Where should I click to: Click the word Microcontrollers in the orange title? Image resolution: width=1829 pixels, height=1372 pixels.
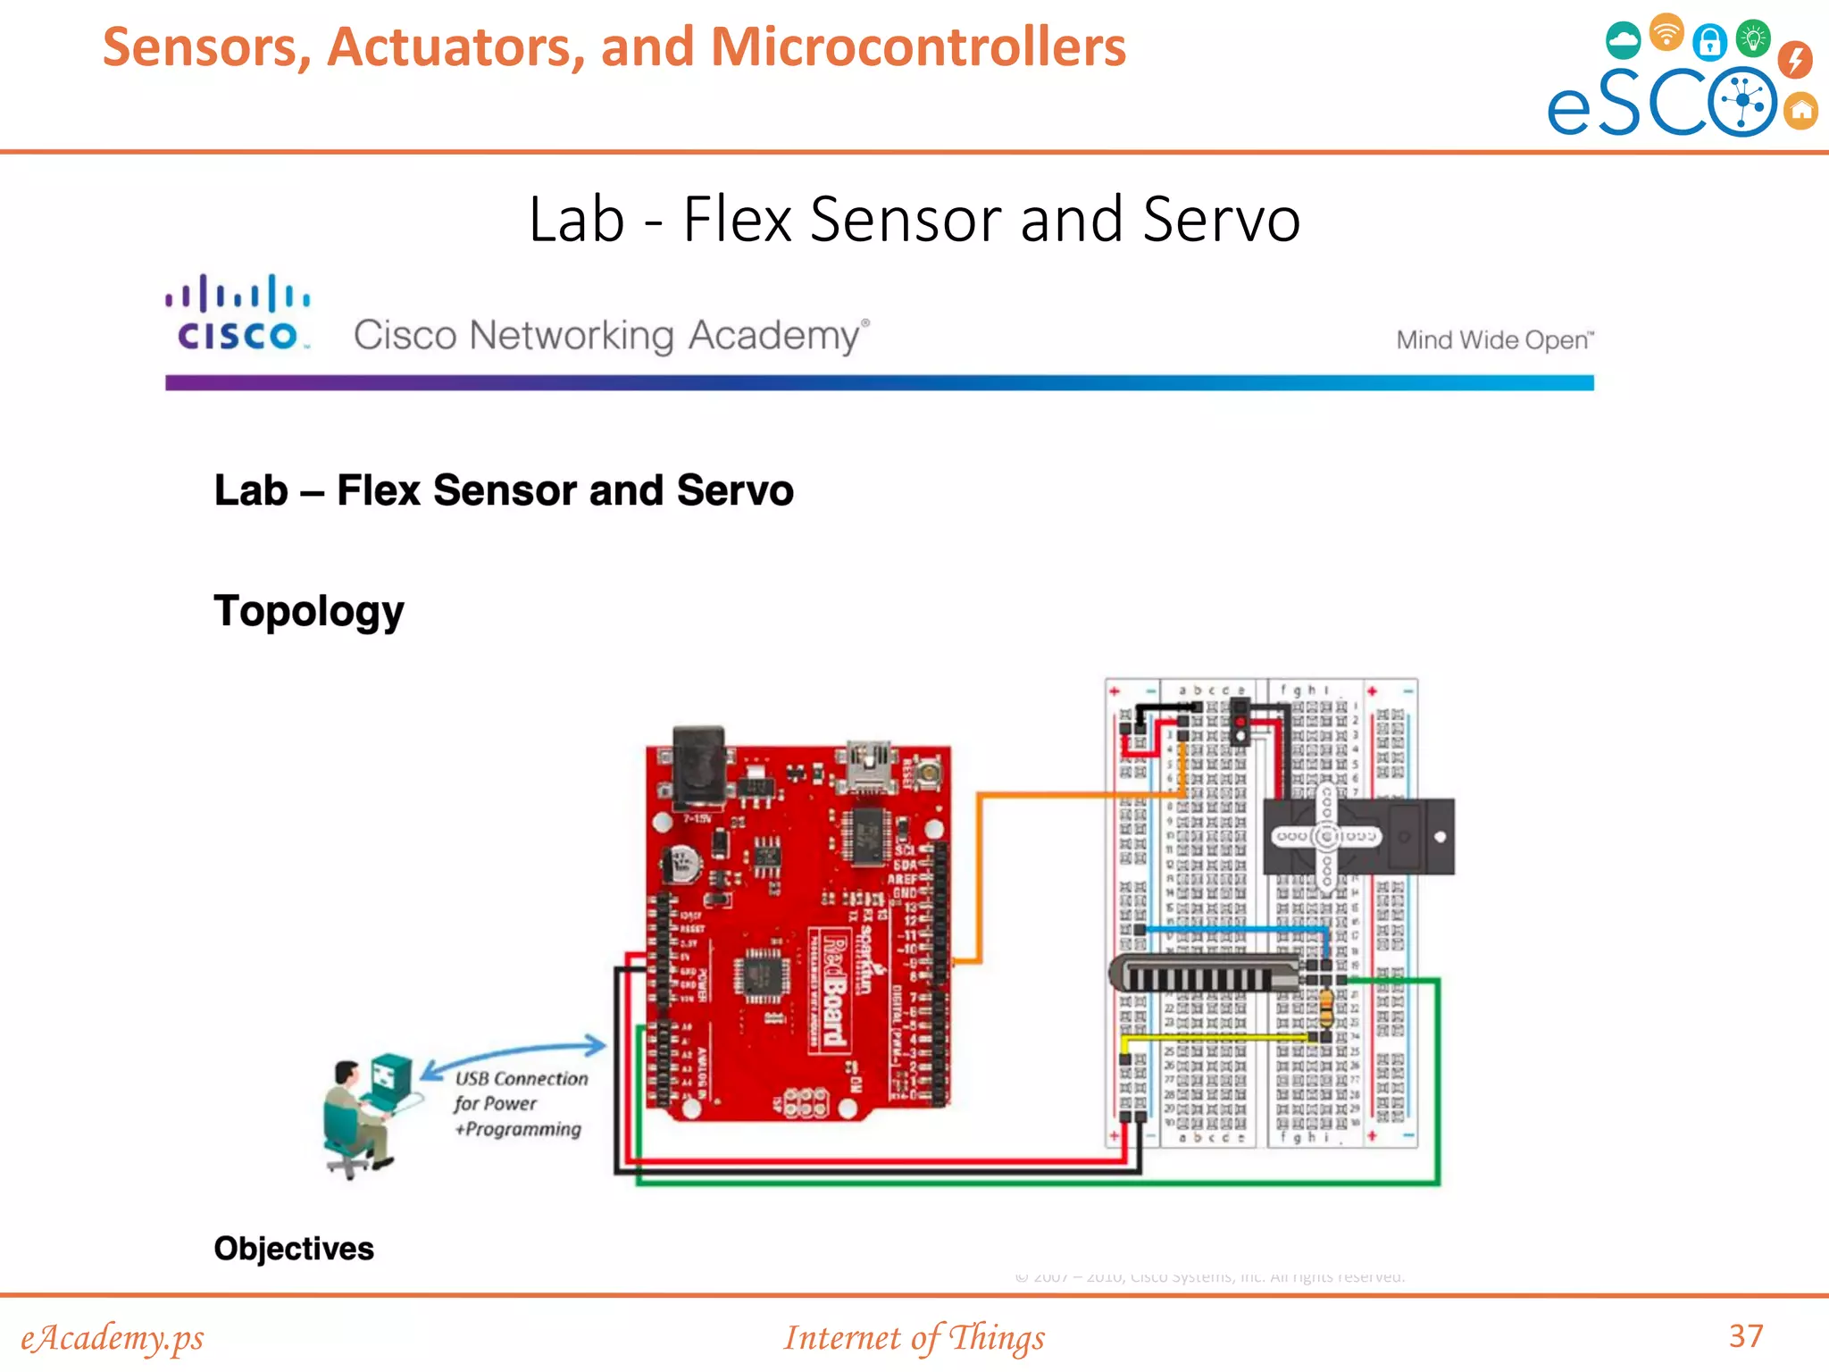[918, 46]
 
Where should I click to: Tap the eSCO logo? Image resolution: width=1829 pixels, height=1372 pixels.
[1679, 80]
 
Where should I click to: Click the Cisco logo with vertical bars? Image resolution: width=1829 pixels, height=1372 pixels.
[238, 313]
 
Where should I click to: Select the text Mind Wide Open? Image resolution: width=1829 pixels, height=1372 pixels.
[1493, 340]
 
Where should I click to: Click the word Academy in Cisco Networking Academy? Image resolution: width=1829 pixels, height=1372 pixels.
[773, 336]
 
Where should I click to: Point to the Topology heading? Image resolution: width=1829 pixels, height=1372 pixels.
[309, 612]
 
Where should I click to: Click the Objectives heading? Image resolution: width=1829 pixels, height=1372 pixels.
[294, 1248]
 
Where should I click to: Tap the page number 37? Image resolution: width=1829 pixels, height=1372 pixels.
[1746, 1335]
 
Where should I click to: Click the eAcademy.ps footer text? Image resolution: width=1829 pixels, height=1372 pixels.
[113, 1337]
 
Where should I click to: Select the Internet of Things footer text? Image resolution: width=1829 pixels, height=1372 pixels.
[914, 1337]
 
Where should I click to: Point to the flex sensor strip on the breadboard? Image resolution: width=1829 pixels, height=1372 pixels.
[1201, 974]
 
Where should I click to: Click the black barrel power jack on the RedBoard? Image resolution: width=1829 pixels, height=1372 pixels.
[698, 764]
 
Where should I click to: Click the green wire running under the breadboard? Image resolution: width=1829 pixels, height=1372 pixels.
[1036, 1183]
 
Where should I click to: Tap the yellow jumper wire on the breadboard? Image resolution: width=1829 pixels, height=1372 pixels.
[1215, 1038]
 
